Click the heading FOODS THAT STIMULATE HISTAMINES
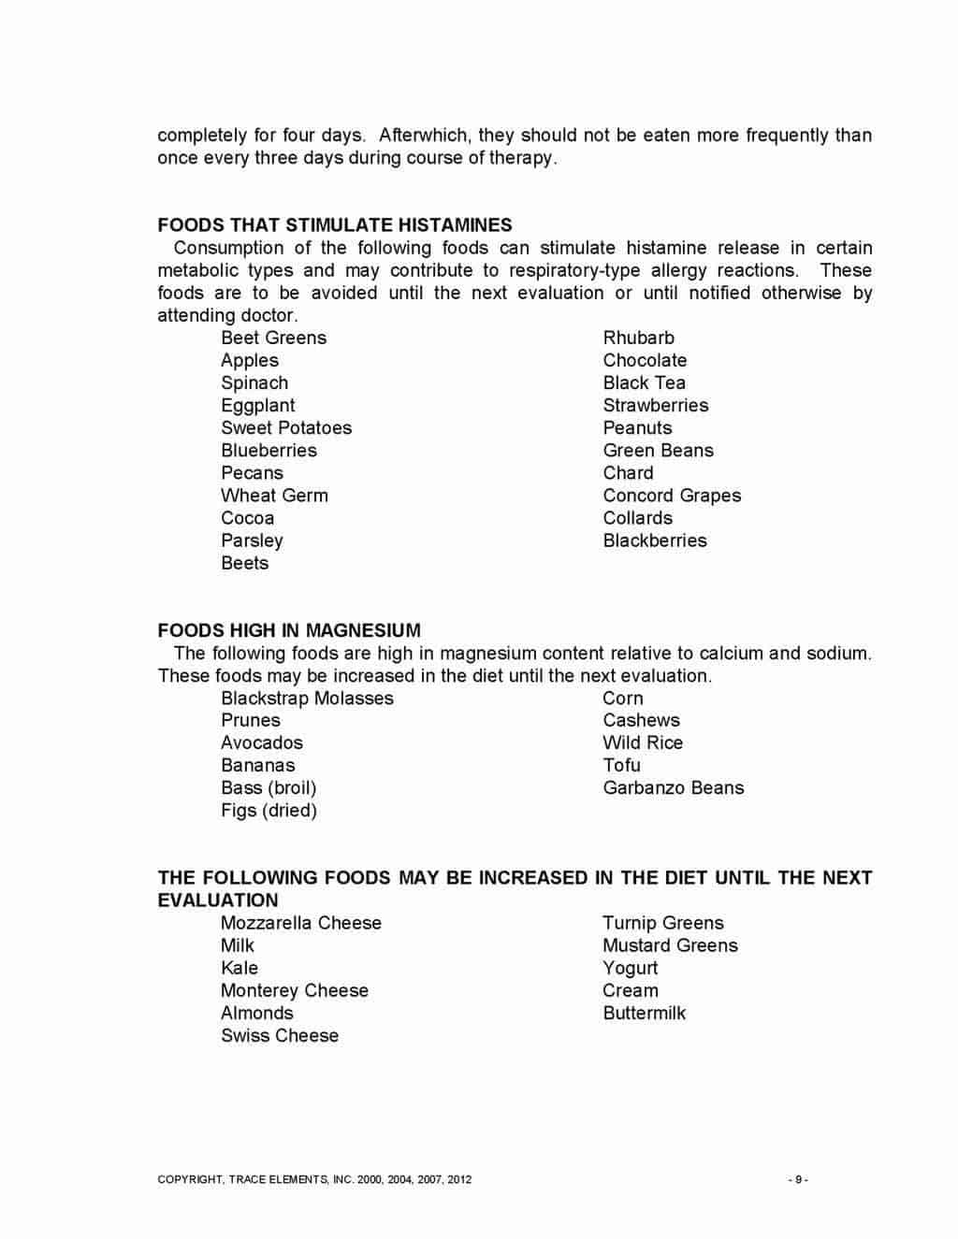[335, 225]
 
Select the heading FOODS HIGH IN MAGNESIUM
[289, 631]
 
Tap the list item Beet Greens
[274, 339]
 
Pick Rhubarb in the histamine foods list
[638, 339]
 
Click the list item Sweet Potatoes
[286, 428]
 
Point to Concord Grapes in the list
[672, 496]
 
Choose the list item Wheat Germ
[274, 496]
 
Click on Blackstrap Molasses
[307, 699]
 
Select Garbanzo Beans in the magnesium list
[674, 788]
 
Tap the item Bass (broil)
[269, 788]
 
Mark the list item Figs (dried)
[269, 811]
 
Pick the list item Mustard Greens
[670, 946]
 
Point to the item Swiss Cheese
[280, 1036]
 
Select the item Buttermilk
[644, 1014]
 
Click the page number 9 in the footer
[798, 1180]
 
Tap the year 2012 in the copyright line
[459, 1180]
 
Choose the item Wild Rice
[643, 743]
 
